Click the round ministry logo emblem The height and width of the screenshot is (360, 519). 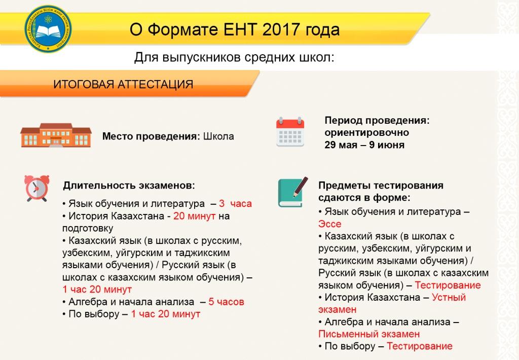coord(48,29)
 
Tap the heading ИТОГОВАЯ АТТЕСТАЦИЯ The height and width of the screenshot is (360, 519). coord(123,84)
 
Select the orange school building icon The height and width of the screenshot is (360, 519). coord(56,135)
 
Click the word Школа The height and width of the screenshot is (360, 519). coord(218,136)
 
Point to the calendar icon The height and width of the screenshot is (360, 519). coord(290,131)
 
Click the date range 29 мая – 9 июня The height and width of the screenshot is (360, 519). coord(364,145)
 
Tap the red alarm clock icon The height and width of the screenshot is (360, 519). coord(36,188)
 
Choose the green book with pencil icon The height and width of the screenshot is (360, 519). coord(292,192)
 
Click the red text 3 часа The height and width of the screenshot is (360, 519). coord(235,203)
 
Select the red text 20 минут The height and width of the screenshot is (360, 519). coord(194,216)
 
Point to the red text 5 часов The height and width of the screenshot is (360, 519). coord(227,302)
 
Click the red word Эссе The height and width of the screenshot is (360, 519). coord(329,224)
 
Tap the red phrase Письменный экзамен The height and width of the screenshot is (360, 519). coord(369,334)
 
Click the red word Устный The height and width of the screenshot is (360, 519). coord(449,298)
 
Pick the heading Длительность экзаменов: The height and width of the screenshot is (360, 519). coord(129,186)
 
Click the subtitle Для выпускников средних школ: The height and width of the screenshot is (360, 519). coord(234,57)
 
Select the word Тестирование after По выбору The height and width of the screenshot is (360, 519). coord(420,346)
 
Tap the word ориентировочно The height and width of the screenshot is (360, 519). coord(367,132)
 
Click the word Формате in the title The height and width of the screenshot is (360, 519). coord(182,29)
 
